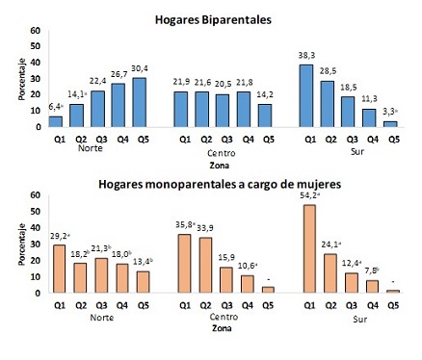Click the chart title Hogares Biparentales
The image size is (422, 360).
tap(211, 18)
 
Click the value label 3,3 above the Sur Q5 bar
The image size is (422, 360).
tap(390, 111)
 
